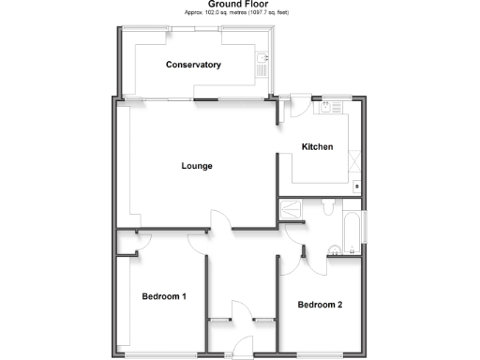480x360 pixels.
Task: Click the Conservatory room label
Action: tap(193, 65)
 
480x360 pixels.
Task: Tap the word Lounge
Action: tap(197, 166)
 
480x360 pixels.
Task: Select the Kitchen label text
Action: tap(317, 146)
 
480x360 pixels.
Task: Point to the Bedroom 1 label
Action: tap(164, 297)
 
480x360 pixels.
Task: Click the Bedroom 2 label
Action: tap(320, 305)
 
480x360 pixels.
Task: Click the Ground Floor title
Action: tap(240, 5)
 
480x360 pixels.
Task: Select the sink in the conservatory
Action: tap(262, 64)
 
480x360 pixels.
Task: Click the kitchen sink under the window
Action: tap(330, 107)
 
